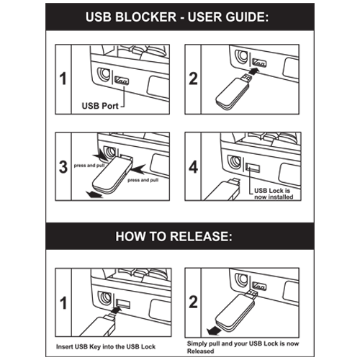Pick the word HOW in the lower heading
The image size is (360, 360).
click(130, 236)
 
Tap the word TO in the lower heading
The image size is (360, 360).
click(158, 236)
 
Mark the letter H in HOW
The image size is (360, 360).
click(120, 236)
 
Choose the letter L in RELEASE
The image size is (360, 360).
click(189, 236)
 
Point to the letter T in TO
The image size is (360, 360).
click(153, 236)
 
